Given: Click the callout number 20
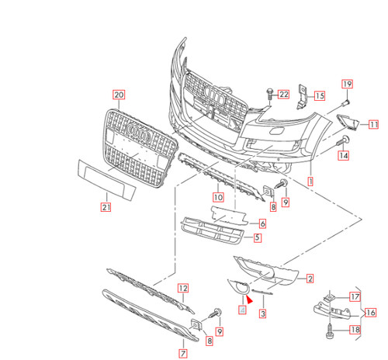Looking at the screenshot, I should (x=119, y=95).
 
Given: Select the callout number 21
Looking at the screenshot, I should (x=106, y=206).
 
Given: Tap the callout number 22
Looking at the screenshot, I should (x=283, y=95).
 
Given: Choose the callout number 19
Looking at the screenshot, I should (x=346, y=84).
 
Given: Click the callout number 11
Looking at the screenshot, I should (x=373, y=124).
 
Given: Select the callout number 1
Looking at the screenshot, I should (x=311, y=179).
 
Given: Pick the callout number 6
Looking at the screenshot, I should (x=262, y=223).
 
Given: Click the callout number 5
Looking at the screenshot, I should (x=257, y=237).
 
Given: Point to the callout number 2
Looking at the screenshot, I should (x=310, y=278).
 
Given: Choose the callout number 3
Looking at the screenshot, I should (x=262, y=313).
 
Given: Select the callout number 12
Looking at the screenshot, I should (x=183, y=288).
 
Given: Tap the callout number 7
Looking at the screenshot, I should (x=182, y=353).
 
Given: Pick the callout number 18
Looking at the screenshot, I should (x=355, y=330).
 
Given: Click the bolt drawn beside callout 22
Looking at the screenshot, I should (x=268, y=95).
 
